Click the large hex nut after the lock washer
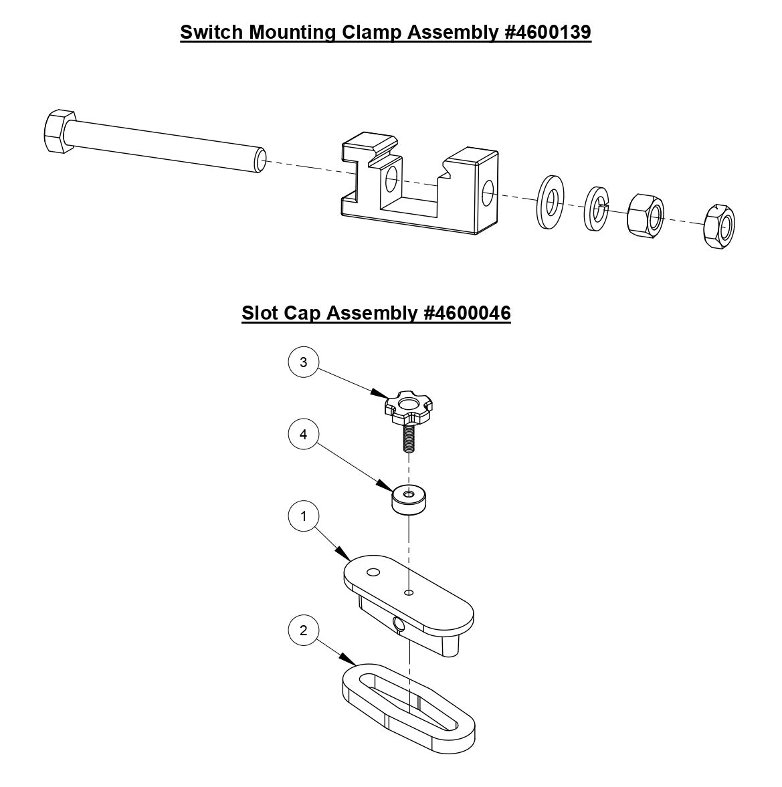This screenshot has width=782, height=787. (646, 215)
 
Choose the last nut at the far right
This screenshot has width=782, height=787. (720, 227)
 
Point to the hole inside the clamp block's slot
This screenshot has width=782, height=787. (391, 179)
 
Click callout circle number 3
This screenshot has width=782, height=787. (304, 362)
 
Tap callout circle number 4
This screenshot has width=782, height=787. (304, 435)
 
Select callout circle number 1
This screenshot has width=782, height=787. (304, 517)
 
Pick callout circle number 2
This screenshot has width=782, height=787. (304, 631)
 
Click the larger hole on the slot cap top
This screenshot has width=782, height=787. (373, 572)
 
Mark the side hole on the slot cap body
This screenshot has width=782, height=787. (399, 624)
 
